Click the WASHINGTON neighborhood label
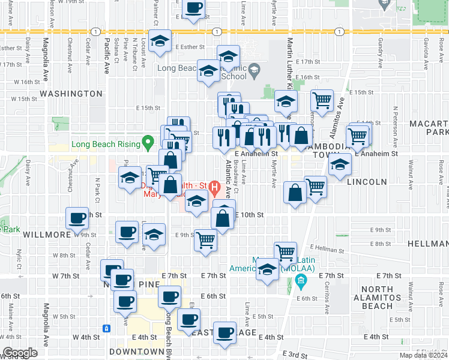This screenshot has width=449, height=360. [x=71, y=94]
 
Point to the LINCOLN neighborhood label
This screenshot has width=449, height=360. [x=367, y=182]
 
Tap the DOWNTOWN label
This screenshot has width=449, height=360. [x=137, y=351]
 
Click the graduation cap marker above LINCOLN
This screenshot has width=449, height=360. [x=339, y=164]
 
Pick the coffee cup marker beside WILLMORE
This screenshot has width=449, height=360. [x=77, y=220]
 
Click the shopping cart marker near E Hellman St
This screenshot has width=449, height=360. [x=285, y=252]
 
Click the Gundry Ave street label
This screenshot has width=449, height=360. [x=381, y=51]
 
